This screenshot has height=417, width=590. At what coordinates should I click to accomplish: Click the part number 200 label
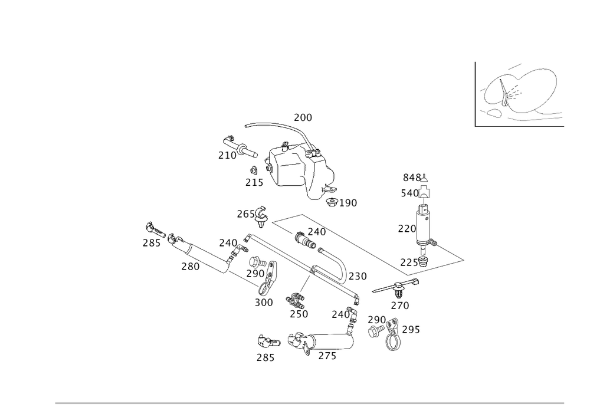(303, 118)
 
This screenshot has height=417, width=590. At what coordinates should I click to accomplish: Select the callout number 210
(227, 156)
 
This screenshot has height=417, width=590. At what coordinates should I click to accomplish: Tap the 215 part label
(254, 183)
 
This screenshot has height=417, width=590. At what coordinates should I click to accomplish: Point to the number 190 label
(349, 203)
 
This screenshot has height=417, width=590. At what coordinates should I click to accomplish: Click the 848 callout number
(412, 178)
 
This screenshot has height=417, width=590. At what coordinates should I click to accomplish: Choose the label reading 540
(409, 193)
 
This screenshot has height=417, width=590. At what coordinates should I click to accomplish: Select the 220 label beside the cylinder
(407, 229)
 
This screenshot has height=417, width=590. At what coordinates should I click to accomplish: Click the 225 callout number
(409, 261)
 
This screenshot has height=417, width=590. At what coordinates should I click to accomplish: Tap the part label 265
(245, 215)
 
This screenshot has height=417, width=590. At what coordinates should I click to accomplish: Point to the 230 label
(358, 276)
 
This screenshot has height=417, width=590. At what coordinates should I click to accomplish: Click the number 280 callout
(189, 267)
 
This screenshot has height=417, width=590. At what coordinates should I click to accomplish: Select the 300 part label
(263, 303)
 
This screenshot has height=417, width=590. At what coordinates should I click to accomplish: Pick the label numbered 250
(299, 314)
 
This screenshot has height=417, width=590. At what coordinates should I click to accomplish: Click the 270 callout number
(399, 306)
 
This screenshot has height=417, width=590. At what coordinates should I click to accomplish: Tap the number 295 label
(411, 329)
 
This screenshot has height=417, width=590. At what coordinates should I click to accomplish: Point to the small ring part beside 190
(332, 202)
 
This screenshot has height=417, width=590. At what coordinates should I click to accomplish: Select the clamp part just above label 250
(293, 300)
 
